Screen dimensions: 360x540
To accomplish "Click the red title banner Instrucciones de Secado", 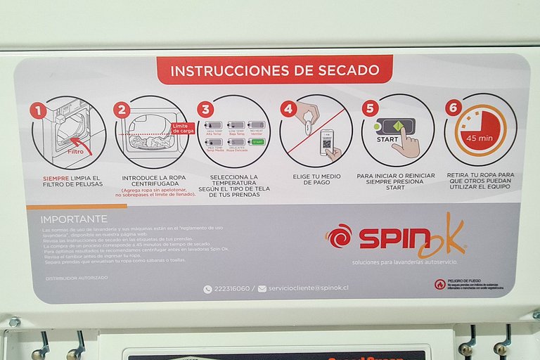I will tap(274, 70).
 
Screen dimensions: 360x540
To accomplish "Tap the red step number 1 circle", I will tap(38, 110).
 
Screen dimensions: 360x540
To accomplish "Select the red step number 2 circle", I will tap(122, 110).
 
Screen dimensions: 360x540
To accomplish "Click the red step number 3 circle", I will tap(205, 109).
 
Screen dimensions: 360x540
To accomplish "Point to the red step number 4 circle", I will tap(288, 109).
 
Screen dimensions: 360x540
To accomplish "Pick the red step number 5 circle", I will tap(371, 108).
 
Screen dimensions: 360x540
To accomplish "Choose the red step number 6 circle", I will tap(454, 108).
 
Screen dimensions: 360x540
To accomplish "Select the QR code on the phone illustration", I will tap(327, 143).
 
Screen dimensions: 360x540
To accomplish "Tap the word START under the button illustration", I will tap(387, 139).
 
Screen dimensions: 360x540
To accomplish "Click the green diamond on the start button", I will tap(398, 127).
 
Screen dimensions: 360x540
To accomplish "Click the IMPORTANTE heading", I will tap(74, 219).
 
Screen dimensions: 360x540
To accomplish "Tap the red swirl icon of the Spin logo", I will tap(339, 236).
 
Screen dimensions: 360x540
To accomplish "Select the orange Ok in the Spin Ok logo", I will tap(441, 236).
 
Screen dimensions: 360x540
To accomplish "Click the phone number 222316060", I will tap(231, 288).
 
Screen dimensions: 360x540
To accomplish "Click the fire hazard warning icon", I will tap(439, 284).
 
